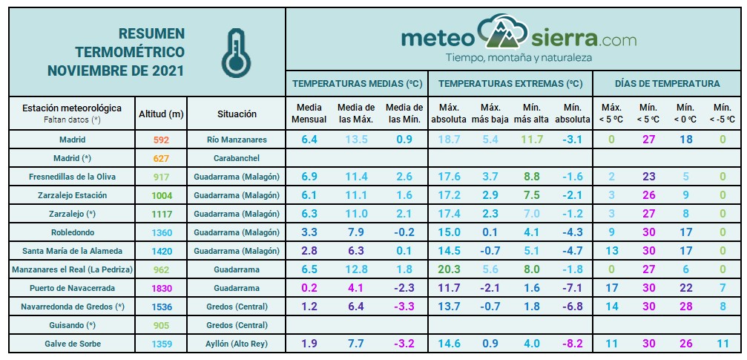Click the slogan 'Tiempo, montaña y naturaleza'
point(518,57)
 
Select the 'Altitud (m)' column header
point(161,114)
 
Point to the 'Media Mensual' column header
point(309,113)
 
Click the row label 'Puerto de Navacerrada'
point(73,288)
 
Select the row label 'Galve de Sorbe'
point(73,344)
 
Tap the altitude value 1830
point(161,288)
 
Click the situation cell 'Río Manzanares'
point(237,140)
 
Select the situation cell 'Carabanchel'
point(237,158)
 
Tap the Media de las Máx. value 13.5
point(356,140)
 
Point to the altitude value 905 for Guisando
point(161,325)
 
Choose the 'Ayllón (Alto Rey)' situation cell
point(237,344)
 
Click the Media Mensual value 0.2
point(309,288)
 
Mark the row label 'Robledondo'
point(73,232)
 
